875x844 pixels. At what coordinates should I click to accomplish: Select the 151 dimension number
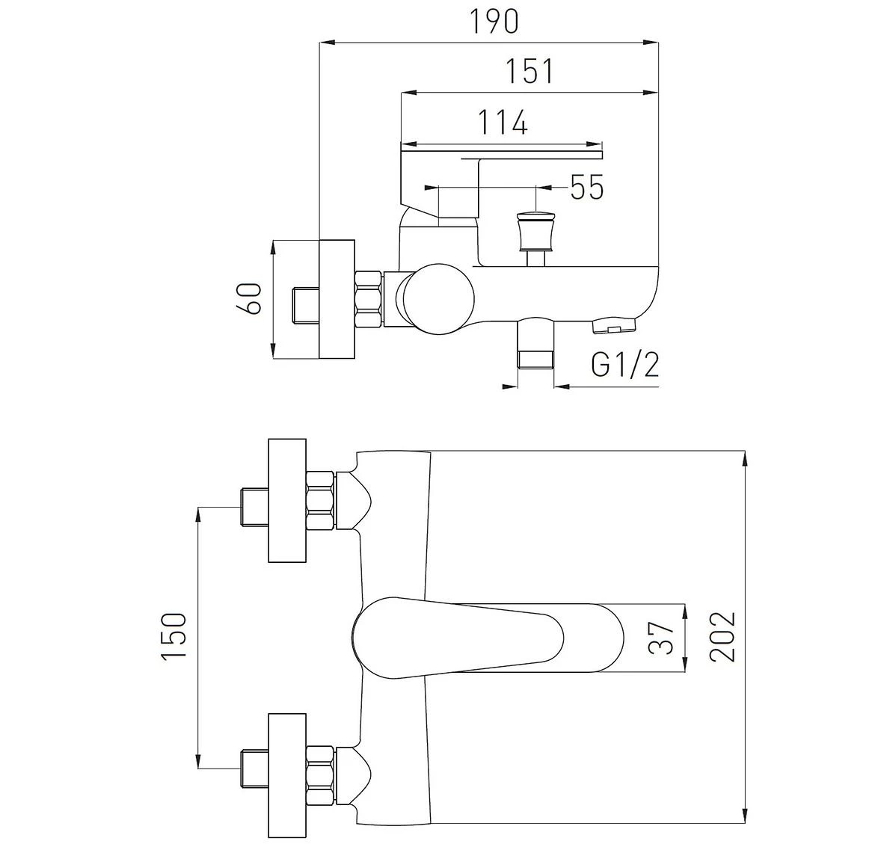click(529, 72)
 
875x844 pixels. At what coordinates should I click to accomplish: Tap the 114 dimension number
click(503, 122)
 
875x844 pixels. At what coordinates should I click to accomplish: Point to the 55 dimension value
click(586, 187)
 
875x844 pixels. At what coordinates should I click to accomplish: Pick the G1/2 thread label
click(625, 366)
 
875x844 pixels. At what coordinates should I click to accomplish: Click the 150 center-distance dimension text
click(173, 636)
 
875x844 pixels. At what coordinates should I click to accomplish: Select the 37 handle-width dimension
click(663, 638)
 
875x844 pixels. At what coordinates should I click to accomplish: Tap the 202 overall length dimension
click(722, 637)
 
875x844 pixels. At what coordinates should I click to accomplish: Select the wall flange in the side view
click(337, 298)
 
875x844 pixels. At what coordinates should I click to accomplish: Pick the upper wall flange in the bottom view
click(287, 500)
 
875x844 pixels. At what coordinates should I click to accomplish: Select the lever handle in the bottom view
click(486, 638)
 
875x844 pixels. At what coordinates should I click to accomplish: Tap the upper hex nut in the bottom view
click(321, 500)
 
